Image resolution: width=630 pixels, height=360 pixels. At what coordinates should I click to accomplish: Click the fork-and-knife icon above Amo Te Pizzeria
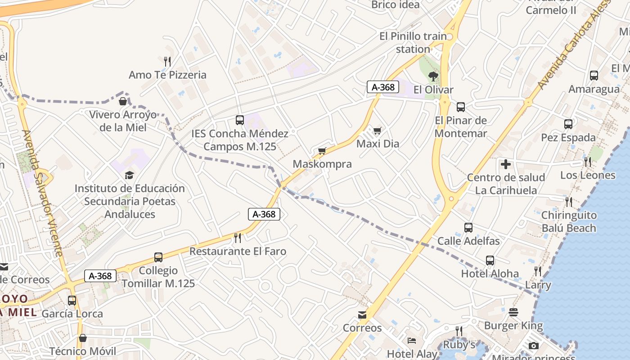(x=167, y=61)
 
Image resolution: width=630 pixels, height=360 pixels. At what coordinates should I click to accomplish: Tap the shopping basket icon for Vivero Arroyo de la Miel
(x=122, y=101)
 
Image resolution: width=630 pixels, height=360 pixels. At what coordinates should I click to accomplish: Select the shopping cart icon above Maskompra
(x=322, y=151)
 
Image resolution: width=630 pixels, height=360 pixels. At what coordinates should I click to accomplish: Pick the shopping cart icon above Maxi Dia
(x=377, y=130)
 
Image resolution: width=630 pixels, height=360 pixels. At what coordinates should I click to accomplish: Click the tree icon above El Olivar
(x=433, y=76)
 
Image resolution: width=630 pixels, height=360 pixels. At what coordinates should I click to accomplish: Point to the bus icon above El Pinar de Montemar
(x=461, y=107)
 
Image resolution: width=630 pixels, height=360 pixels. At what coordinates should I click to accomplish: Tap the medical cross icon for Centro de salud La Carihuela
(x=506, y=164)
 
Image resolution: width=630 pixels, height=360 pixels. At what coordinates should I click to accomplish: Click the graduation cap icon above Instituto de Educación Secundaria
(x=130, y=175)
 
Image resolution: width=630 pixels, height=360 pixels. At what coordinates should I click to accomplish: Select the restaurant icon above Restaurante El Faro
(x=238, y=238)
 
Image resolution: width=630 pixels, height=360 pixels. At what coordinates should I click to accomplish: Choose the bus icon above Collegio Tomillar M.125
(x=158, y=257)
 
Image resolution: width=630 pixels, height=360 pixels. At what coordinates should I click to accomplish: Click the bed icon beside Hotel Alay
(x=411, y=341)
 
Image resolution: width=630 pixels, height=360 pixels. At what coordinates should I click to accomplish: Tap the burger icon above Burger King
(x=513, y=312)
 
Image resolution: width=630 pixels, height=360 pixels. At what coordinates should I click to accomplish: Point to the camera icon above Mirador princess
(x=534, y=346)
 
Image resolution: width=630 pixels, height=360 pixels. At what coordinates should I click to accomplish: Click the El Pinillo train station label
(x=413, y=42)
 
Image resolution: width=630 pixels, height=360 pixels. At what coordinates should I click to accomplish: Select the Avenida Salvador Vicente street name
(x=43, y=193)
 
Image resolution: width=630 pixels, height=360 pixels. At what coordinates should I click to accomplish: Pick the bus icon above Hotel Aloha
(x=490, y=260)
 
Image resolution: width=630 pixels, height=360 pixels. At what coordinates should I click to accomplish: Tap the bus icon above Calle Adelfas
(x=468, y=228)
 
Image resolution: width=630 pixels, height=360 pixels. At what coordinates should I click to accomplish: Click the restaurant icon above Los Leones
(x=588, y=162)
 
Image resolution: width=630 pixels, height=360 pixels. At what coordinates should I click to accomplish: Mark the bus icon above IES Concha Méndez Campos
(x=240, y=120)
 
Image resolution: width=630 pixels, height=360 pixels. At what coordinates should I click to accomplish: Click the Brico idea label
(x=396, y=5)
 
